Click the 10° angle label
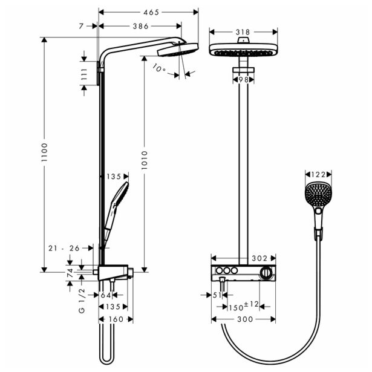tap(158, 69)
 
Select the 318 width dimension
tap(243, 31)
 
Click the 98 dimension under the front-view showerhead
tap(243, 79)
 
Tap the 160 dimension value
tap(116, 319)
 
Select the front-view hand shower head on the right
tap(318, 194)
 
